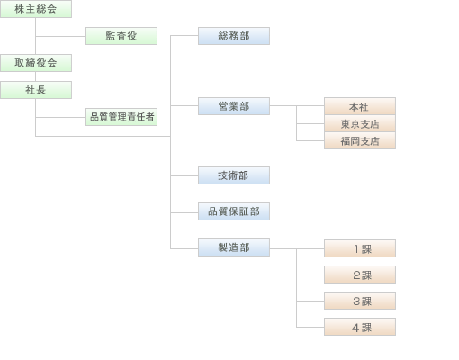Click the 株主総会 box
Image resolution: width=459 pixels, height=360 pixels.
pos(36,9)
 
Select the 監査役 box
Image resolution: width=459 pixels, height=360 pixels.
pos(121,36)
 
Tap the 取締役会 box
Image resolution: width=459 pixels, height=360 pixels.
pos(36,63)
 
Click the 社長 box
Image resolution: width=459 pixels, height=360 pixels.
pos(36,90)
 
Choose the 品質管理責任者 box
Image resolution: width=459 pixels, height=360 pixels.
pos(121,117)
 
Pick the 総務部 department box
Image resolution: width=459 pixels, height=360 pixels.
pos(233,36)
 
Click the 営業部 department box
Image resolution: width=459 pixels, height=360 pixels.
pos(233,106)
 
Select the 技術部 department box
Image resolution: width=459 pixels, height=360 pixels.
pos(233,175)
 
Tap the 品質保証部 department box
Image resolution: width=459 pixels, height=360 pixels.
pos(233,211)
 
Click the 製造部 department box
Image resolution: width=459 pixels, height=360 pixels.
pos(233,247)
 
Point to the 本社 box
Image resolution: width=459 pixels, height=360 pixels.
pos(359,106)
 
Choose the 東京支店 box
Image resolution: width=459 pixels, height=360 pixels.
pos(359,123)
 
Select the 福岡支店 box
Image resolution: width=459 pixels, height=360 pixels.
pos(359,140)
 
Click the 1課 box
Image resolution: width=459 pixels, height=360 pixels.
pos(359,248)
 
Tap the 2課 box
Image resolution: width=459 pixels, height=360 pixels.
pos(359,274)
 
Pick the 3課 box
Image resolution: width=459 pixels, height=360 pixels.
pos(359,301)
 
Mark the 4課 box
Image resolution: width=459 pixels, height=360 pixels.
pos(359,327)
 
